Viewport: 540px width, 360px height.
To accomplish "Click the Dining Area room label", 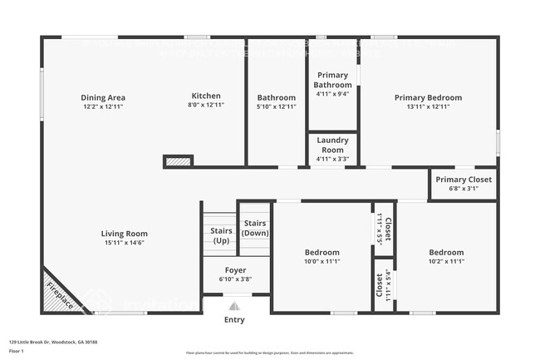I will click(103, 97).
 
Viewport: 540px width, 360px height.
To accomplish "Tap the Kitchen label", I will click(206, 96).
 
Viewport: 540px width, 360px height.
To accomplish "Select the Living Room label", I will click(125, 234).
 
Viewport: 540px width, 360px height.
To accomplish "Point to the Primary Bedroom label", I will click(428, 97).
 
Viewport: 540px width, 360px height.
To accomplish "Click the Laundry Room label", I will click(332, 145).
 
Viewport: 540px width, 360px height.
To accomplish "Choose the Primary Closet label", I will click(464, 180).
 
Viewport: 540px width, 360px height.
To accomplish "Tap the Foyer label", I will click(235, 270).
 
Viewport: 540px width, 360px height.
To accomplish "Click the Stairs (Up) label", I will click(221, 235).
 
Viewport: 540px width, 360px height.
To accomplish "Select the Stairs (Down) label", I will click(255, 228).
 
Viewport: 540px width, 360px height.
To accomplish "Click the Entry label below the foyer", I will click(235, 319).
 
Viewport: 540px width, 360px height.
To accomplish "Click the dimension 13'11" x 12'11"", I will click(428, 106).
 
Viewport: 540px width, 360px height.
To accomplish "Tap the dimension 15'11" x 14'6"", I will click(125, 243).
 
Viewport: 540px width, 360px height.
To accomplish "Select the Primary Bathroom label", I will click(332, 80).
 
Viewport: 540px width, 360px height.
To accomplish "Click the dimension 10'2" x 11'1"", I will click(446, 261).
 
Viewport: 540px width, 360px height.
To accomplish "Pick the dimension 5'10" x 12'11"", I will click(277, 106).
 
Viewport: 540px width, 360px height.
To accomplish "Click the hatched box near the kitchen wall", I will click(177, 160).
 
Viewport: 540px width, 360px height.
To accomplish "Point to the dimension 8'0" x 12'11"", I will click(206, 106).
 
